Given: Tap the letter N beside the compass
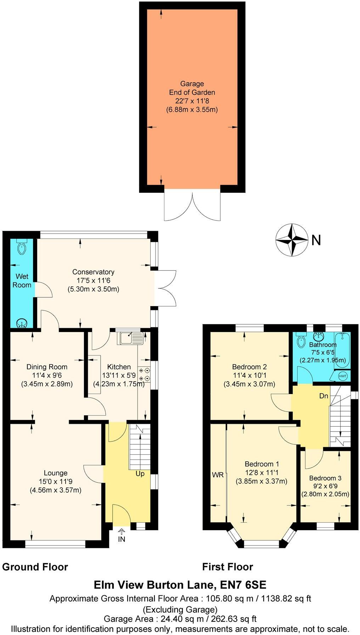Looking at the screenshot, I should pyautogui.click(x=316, y=241).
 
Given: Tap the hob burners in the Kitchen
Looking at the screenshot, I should pyautogui.click(x=144, y=375).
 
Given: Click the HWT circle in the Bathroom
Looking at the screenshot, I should pyautogui.click(x=343, y=376).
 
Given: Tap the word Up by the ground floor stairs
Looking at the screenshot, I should pyautogui.click(x=140, y=473).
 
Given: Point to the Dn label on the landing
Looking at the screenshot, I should pyautogui.click(x=324, y=396).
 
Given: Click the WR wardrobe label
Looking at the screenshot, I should pyautogui.click(x=218, y=475).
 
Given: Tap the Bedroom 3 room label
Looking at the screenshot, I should pyautogui.click(x=325, y=478).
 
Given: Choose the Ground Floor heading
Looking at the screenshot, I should pyautogui.click(x=35, y=567).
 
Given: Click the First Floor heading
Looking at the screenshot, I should pyautogui.click(x=227, y=567).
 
